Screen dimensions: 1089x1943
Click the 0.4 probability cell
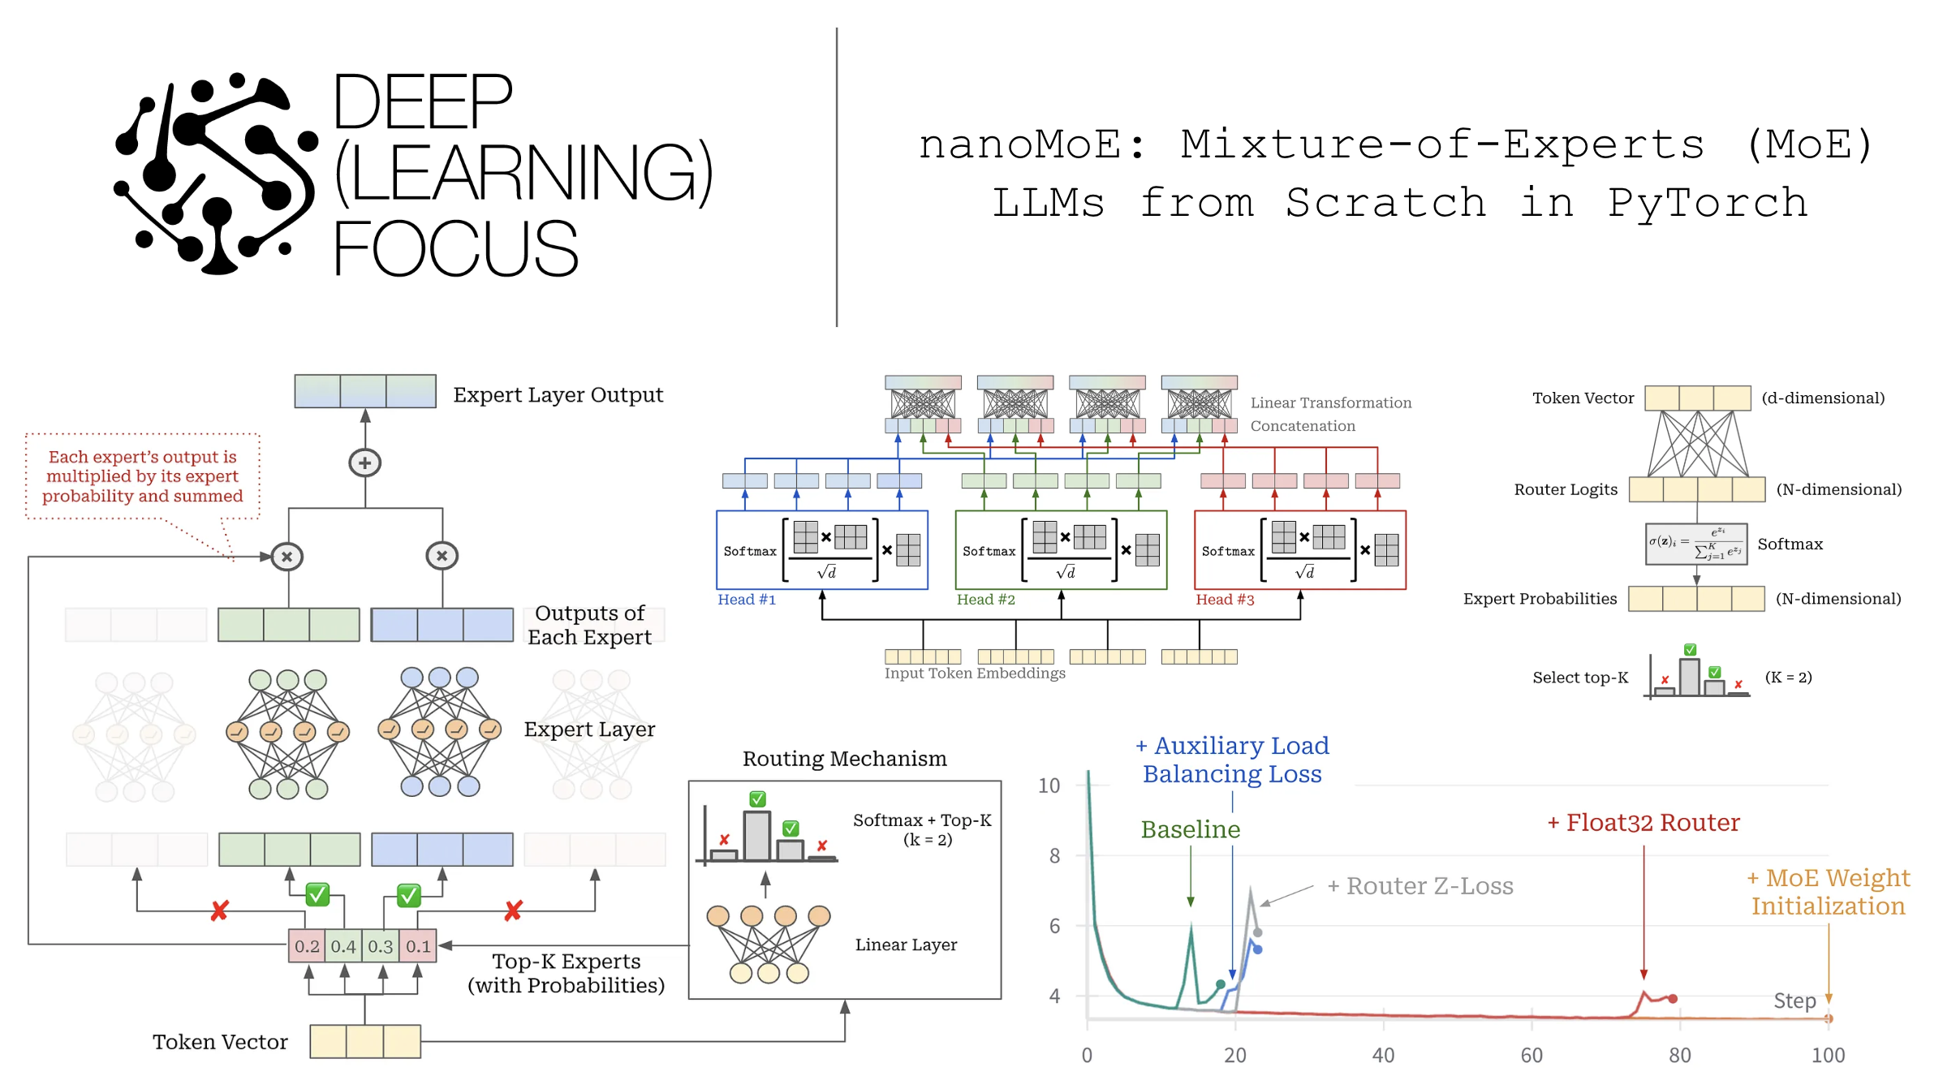pos(343,946)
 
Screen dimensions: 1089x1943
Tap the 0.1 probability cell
pos(418,946)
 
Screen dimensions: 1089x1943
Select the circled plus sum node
pos(365,463)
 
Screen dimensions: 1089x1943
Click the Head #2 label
pos(985,600)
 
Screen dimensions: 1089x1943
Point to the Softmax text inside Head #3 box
pos(1227,551)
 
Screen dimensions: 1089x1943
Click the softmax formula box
pos(1695,544)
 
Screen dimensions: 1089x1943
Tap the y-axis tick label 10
pos(1049,786)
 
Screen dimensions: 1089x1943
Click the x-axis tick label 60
pos(1531,1055)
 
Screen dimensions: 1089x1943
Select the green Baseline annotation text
pos(1190,829)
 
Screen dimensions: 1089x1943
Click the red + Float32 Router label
pos(1644,823)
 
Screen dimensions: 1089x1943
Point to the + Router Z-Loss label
pos(1420,886)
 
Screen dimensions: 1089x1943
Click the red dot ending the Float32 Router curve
pos(1673,998)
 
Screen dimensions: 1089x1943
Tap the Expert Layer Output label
pos(558,395)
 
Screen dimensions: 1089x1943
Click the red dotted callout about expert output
pos(143,476)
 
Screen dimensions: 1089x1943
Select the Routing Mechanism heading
pos(844,759)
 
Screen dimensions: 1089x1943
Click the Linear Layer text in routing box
pos(906,945)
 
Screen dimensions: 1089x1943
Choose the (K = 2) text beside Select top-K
pos(1788,677)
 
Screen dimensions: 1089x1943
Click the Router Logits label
pos(1565,489)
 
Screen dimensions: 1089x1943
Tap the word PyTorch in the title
pos(1708,203)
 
